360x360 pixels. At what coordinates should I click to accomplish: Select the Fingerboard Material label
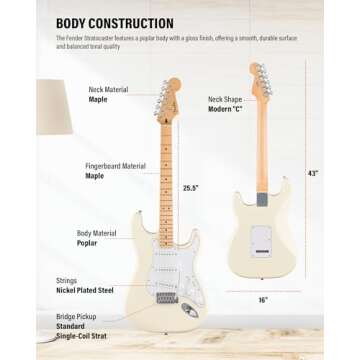point(118,165)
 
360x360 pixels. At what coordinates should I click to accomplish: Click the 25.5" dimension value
point(190,187)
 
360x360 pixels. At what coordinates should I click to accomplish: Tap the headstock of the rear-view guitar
point(263,79)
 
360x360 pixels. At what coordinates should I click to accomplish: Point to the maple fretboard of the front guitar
point(167,180)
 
